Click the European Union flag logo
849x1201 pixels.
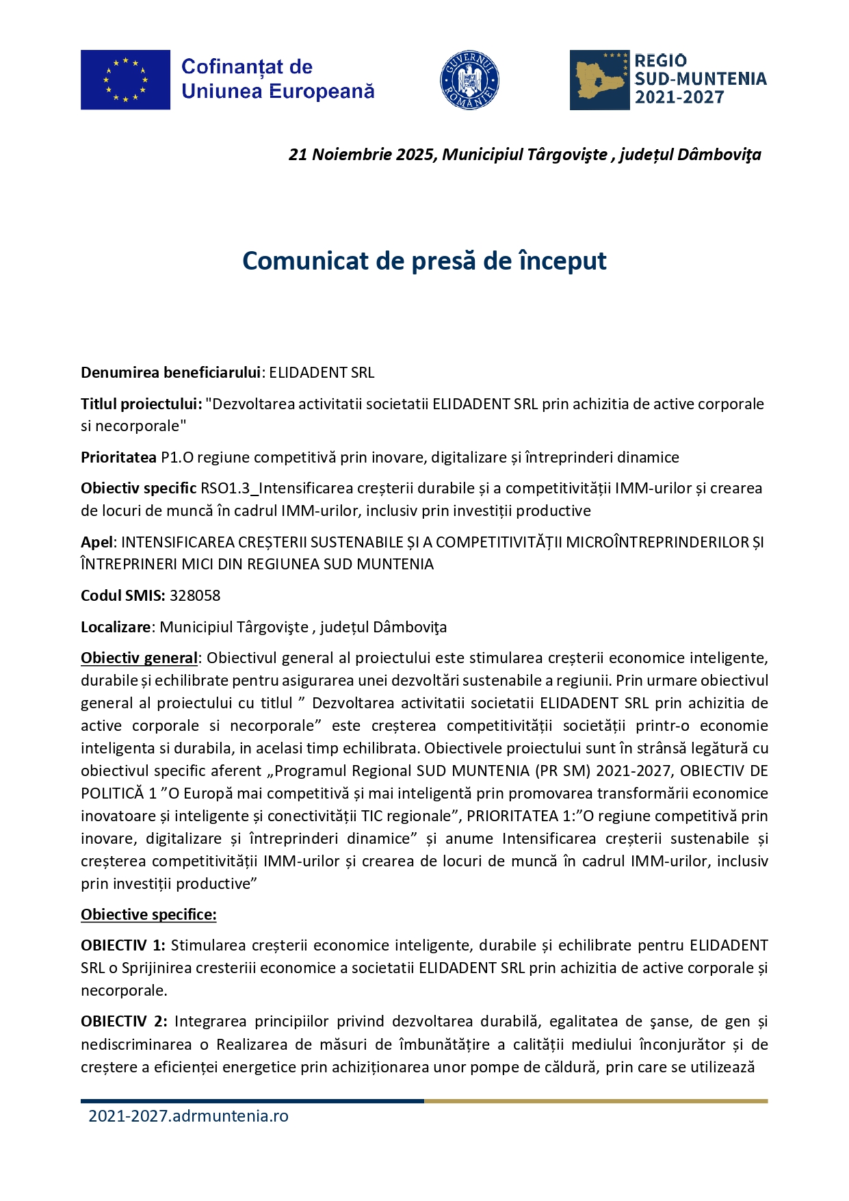(x=125, y=79)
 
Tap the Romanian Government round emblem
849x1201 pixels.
(x=469, y=79)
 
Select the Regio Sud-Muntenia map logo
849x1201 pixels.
(x=599, y=79)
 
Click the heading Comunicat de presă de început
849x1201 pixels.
(x=424, y=261)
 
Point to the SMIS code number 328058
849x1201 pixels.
(x=195, y=595)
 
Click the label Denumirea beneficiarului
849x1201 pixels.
(x=170, y=372)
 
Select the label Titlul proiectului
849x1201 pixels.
(x=141, y=404)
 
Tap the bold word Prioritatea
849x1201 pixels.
(x=118, y=457)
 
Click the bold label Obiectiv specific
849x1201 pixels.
(x=138, y=488)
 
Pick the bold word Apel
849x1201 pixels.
(x=96, y=542)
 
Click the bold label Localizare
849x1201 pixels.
(x=116, y=627)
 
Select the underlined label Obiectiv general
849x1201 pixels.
(x=139, y=658)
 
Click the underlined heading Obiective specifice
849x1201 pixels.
(x=148, y=914)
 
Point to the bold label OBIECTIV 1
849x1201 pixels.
(x=122, y=945)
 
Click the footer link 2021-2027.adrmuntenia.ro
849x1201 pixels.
(x=188, y=1115)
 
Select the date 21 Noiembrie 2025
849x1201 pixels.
(x=361, y=155)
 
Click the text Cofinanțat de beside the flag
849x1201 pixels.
(x=247, y=67)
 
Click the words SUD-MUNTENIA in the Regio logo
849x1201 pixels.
(x=701, y=79)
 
